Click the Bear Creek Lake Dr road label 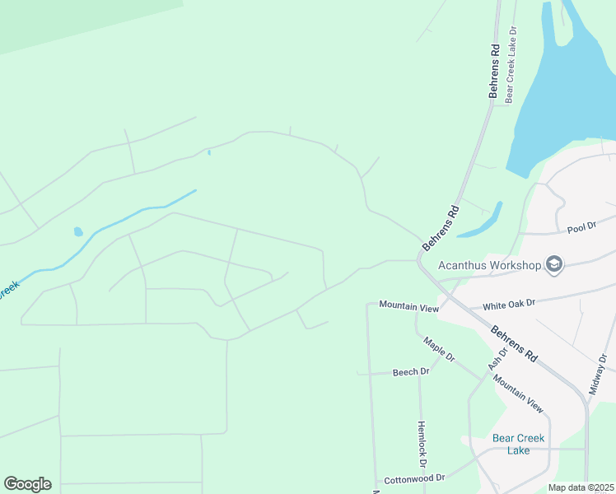click(x=511, y=63)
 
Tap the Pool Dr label click(x=581, y=226)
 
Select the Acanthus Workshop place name click(x=489, y=265)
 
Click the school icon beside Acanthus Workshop click(x=554, y=264)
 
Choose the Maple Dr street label click(x=439, y=349)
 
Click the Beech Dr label click(x=411, y=372)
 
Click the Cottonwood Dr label click(x=414, y=478)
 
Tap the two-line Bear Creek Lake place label click(x=518, y=444)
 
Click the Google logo click(x=27, y=484)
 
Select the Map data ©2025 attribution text click(x=581, y=487)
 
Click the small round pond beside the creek click(x=78, y=232)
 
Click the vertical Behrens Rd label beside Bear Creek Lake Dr click(x=495, y=72)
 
